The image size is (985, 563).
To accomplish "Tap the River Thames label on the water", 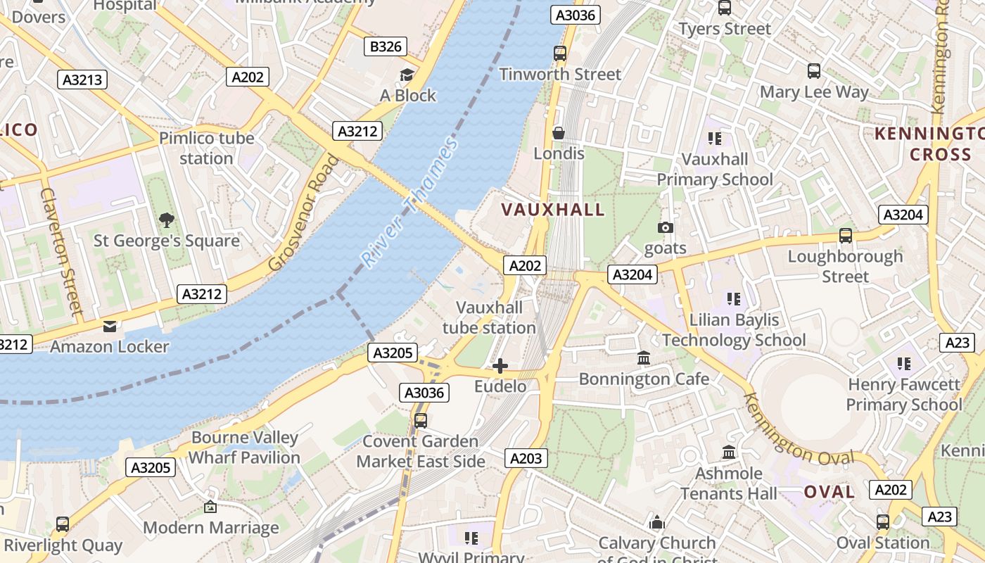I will tap(410, 203).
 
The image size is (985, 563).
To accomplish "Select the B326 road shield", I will tap(386, 47).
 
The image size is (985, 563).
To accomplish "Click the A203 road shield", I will tap(526, 459).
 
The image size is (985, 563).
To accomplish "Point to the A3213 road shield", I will tap(82, 80).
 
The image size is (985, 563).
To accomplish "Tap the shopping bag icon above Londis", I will tap(559, 133).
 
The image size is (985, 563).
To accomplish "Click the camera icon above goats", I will tap(665, 227).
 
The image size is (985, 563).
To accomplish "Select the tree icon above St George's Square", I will tap(167, 220).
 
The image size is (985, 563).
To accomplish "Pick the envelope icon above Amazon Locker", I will tap(110, 327).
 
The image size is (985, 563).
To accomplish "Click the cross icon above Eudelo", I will tap(500, 366).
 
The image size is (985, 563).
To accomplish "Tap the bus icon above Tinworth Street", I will tap(560, 53).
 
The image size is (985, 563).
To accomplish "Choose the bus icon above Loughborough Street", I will tap(846, 236).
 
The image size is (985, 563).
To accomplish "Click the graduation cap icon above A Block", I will tap(407, 75).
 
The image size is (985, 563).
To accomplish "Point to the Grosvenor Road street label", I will tap(304, 213).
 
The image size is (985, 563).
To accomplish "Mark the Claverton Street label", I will tap(61, 251).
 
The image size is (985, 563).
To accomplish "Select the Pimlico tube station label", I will tap(206, 148).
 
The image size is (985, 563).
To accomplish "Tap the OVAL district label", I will tap(830, 492).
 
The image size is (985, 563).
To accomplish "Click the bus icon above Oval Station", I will tap(883, 522).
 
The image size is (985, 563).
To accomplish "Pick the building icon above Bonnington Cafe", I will tap(644, 358).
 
